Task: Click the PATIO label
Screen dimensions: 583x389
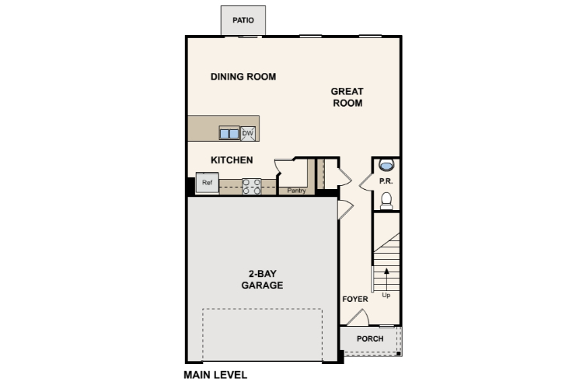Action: click(243, 20)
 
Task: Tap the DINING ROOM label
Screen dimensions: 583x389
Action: click(243, 77)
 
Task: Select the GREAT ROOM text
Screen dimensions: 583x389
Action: click(347, 97)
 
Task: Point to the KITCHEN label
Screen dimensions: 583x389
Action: click(232, 160)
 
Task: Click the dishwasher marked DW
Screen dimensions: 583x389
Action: click(248, 133)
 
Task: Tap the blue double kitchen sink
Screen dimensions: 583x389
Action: click(229, 134)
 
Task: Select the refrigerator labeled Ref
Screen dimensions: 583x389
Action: click(207, 182)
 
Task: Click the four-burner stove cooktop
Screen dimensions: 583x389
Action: click(251, 187)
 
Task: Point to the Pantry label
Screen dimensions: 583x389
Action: click(296, 191)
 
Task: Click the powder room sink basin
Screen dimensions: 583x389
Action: click(386, 164)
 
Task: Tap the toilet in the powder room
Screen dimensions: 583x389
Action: click(386, 201)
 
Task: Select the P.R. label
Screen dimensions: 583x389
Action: click(386, 181)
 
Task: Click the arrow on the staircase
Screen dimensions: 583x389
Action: click(386, 279)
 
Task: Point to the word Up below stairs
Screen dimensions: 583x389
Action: click(386, 295)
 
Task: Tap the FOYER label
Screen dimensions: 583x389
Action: click(355, 300)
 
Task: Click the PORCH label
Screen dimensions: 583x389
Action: click(370, 338)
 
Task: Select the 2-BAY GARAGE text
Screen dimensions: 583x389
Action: click(262, 279)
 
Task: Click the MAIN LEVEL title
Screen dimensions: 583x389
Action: click(215, 375)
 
